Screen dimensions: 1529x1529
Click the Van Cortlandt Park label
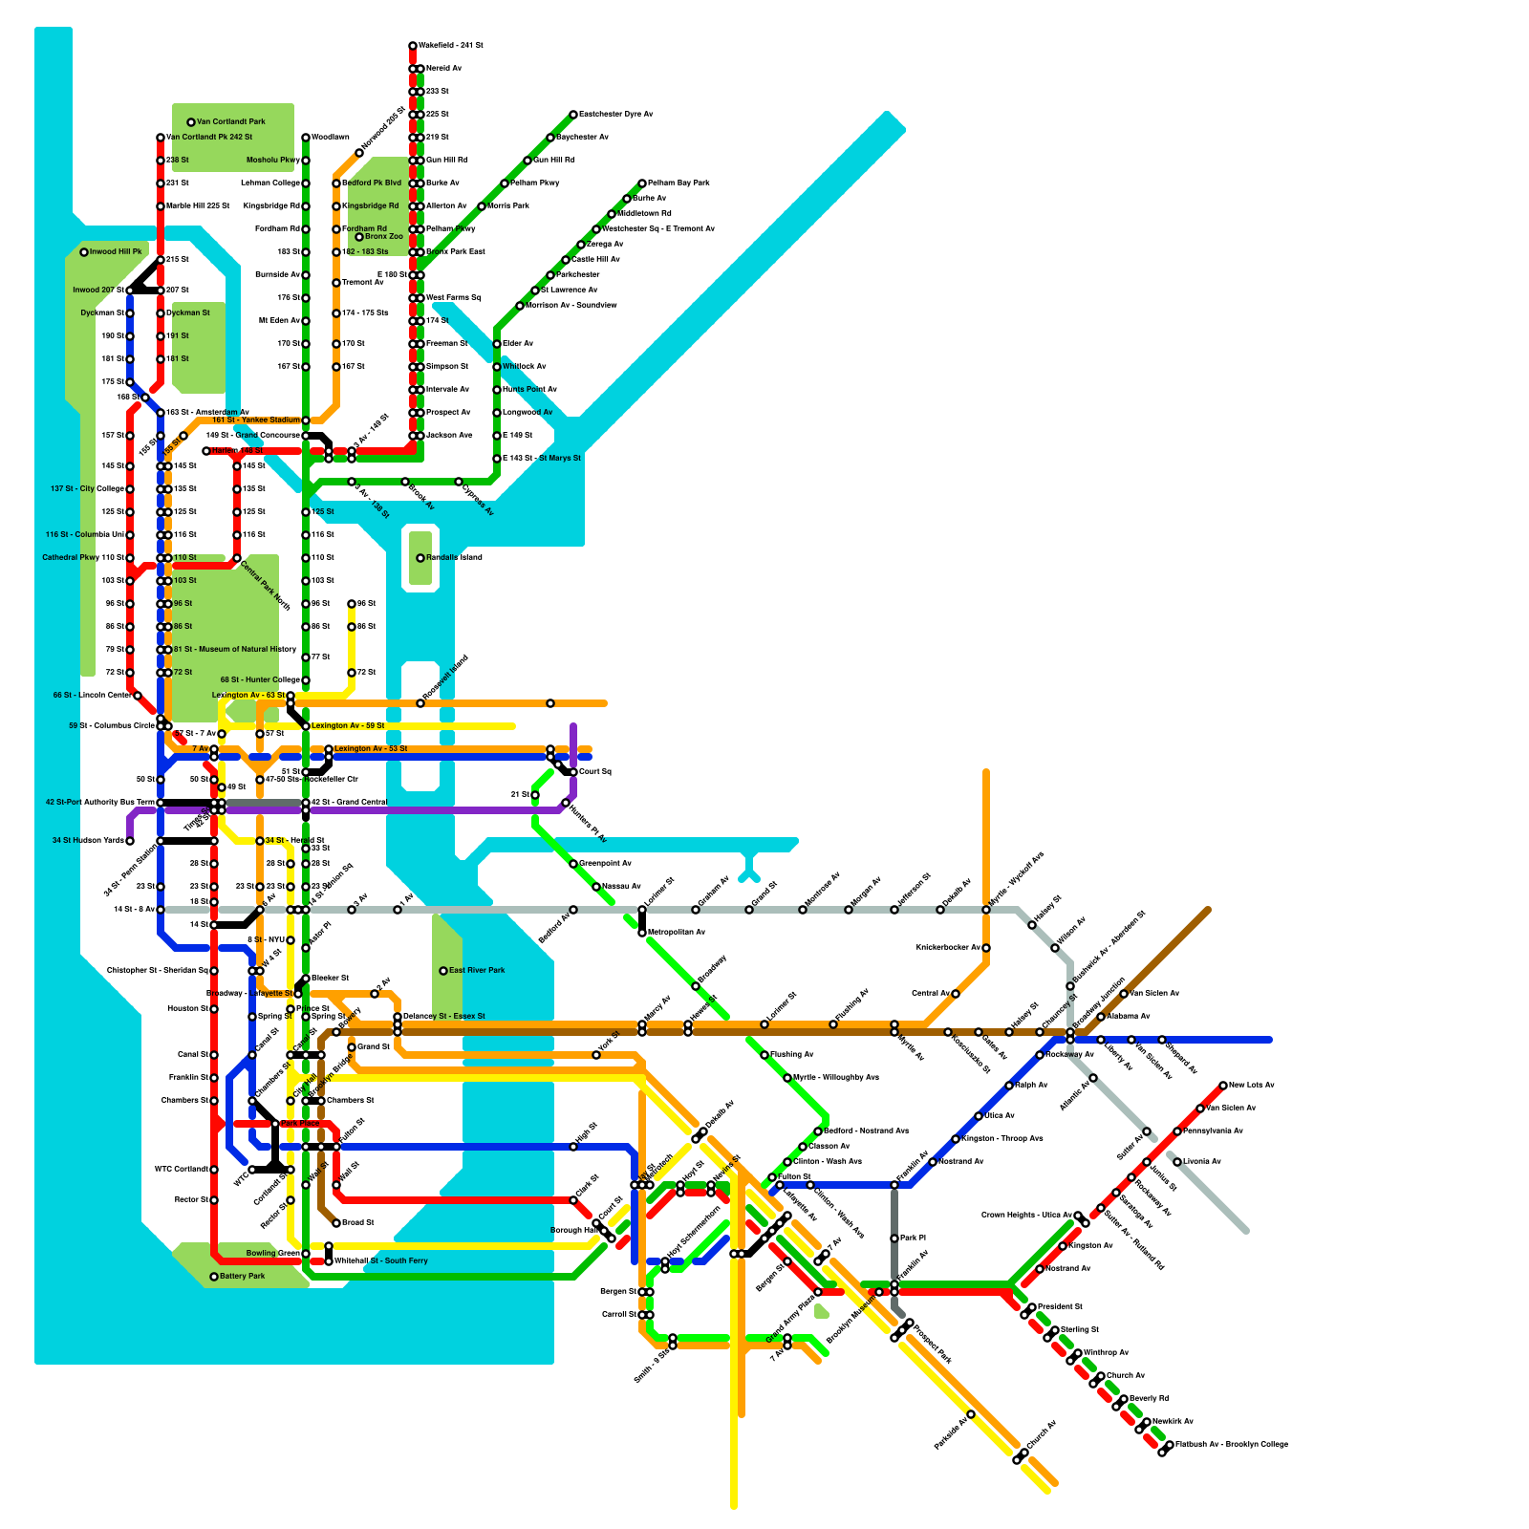tap(231, 122)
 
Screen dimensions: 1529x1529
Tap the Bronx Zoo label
tap(384, 237)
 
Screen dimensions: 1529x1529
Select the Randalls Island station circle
tap(420, 558)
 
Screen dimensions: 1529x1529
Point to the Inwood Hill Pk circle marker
tap(84, 252)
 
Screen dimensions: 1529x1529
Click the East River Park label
tap(478, 971)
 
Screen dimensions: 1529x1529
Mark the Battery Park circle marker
tap(214, 1277)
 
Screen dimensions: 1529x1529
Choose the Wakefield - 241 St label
tap(451, 46)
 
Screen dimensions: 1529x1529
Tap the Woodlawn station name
tap(331, 138)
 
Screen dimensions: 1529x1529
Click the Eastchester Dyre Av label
tap(616, 115)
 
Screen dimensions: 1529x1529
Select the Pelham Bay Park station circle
tap(642, 183)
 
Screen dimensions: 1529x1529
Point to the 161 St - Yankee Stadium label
tap(255, 420)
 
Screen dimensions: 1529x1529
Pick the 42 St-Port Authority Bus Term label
tap(99, 803)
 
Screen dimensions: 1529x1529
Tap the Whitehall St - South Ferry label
tap(381, 1261)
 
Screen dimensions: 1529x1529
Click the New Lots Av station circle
tap(1223, 1086)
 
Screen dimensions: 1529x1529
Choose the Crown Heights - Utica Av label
tap(1026, 1216)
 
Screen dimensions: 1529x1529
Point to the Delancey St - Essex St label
tap(444, 1017)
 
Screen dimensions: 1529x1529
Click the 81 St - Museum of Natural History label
tap(235, 650)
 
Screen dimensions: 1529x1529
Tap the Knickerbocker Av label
tap(948, 948)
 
